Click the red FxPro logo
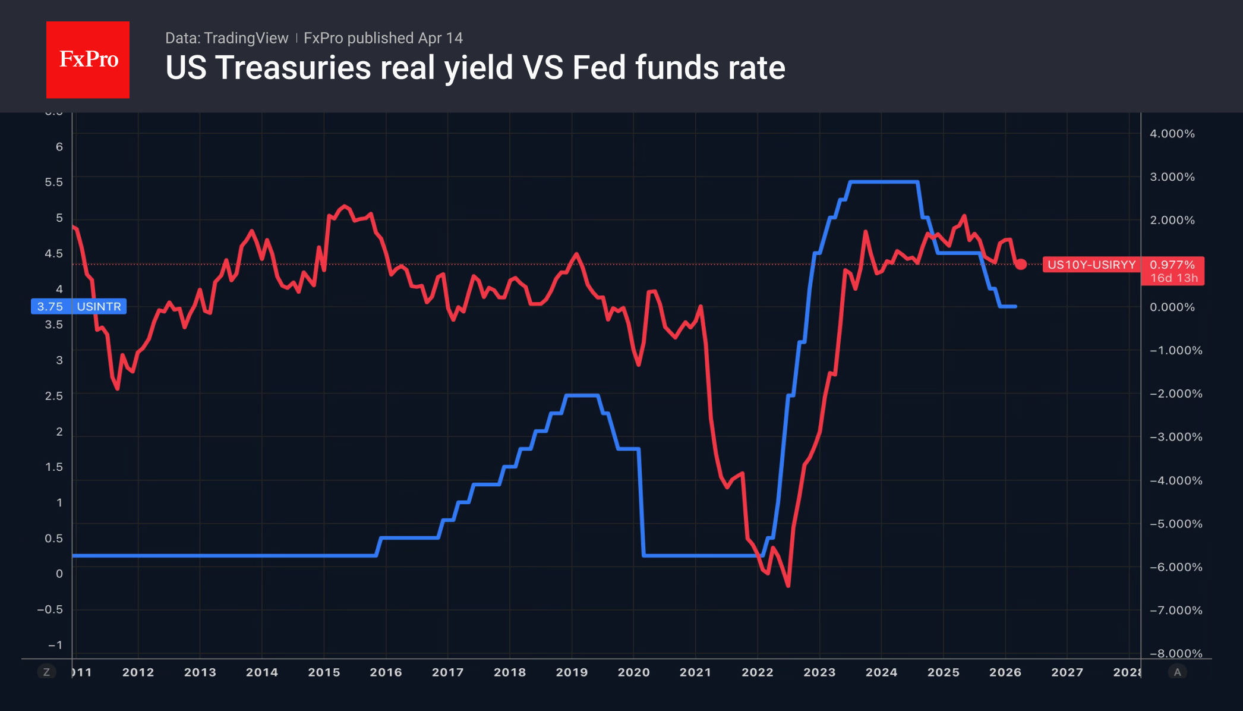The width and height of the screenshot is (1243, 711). pos(88,59)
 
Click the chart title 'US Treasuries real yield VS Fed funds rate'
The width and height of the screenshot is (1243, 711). pos(475,68)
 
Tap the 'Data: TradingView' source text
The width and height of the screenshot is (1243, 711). pos(226,38)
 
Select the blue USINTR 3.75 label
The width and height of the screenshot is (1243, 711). pos(78,307)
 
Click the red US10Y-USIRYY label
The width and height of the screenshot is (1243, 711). pos(1091,265)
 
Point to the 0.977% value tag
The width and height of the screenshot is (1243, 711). pos(1172,265)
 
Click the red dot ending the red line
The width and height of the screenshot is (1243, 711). pos(1021,264)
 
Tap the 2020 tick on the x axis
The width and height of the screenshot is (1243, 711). pos(633,672)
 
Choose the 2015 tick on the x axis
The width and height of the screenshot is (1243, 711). pos(324,672)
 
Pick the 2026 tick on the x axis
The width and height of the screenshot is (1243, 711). pos(1005,672)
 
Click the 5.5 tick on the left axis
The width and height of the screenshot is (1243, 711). pos(53,182)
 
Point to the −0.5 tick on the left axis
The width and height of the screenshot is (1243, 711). pos(50,609)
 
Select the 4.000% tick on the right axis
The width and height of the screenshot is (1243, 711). pos(1172,134)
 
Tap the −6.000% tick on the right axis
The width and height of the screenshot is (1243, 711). pos(1176,567)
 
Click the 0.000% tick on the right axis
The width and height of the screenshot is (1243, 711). pos(1172,307)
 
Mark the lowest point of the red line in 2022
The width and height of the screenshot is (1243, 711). pos(788,586)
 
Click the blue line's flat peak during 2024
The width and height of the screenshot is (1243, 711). pos(884,182)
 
